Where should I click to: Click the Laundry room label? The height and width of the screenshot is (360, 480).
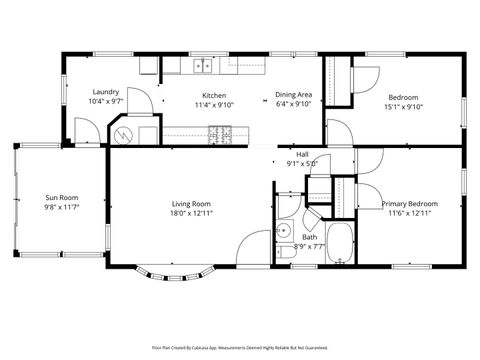point(105,91)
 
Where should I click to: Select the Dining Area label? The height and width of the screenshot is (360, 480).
point(294,94)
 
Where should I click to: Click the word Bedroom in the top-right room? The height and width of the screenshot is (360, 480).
point(403,96)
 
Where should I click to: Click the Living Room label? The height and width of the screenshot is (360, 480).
point(191,204)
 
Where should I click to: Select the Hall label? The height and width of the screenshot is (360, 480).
point(301,154)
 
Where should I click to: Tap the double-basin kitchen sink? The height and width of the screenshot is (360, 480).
point(203,67)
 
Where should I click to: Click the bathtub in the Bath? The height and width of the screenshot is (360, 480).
point(341,244)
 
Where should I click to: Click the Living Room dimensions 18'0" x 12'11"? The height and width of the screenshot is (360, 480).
point(191,213)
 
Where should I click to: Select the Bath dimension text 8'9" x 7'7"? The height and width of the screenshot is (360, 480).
point(310,246)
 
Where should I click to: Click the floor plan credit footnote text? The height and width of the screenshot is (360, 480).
point(240,347)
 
